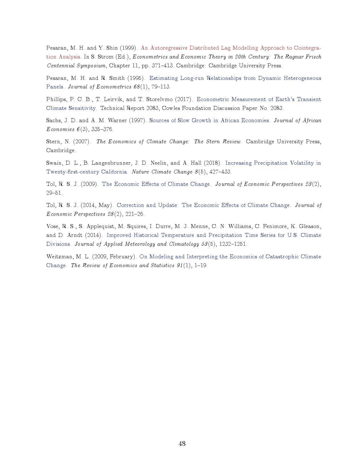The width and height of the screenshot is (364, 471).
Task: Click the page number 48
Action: click(182, 443)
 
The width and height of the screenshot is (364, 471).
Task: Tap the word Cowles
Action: click(171, 108)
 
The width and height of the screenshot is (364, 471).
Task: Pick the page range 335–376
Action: click(102, 129)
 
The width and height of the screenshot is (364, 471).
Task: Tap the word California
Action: click(113, 172)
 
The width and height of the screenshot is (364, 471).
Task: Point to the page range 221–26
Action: click(135, 214)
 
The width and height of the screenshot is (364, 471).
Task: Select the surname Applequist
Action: click(100, 226)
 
